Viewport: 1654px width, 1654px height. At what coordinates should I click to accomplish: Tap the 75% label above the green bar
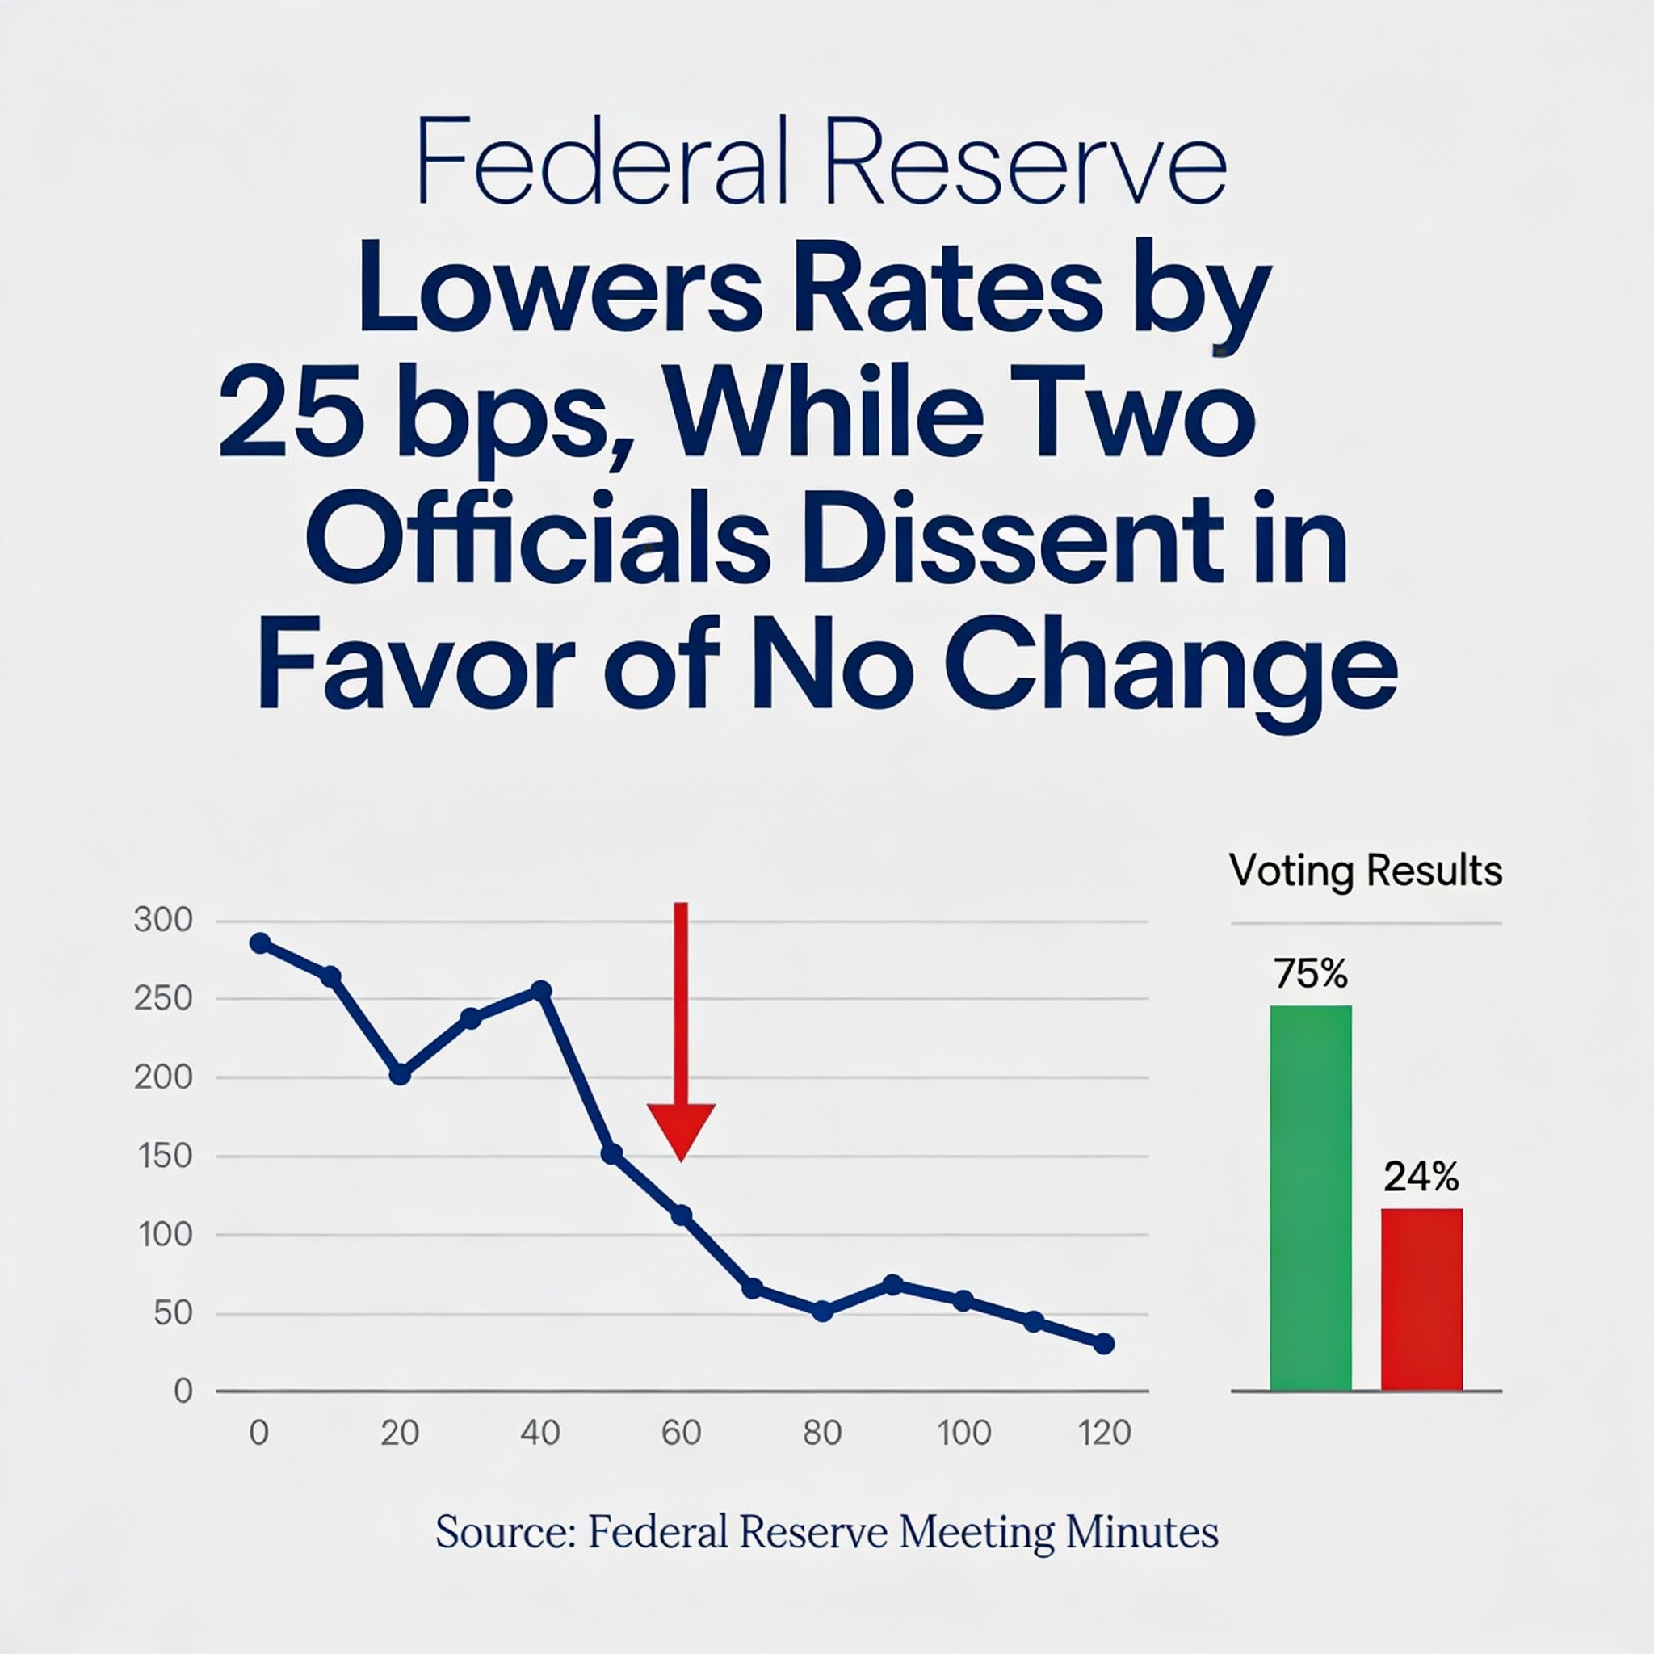[x=1310, y=974]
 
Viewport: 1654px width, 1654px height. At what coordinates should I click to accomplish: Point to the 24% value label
[x=1421, y=1178]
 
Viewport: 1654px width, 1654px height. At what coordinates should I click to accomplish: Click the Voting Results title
[x=1366, y=871]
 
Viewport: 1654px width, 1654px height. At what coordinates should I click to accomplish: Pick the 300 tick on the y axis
[x=163, y=921]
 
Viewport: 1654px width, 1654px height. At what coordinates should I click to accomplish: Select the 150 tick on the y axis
[x=163, y=1156]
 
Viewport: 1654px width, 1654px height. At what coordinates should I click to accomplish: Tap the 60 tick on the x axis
[x=682, y=1432]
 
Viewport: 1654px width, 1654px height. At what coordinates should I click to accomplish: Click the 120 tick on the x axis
[x=1104, y=1432]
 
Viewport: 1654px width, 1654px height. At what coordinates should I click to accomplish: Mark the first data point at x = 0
[x=260, y=942]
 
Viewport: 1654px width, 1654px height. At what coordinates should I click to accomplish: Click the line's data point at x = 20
[x=400, y=1073]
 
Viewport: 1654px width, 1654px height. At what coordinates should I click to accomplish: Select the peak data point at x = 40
[x=541, y=990]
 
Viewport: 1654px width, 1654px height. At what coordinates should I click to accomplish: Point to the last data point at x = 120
[x=1104, y=1343]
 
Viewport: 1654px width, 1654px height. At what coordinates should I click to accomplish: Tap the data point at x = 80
[x=823, y=1311]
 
